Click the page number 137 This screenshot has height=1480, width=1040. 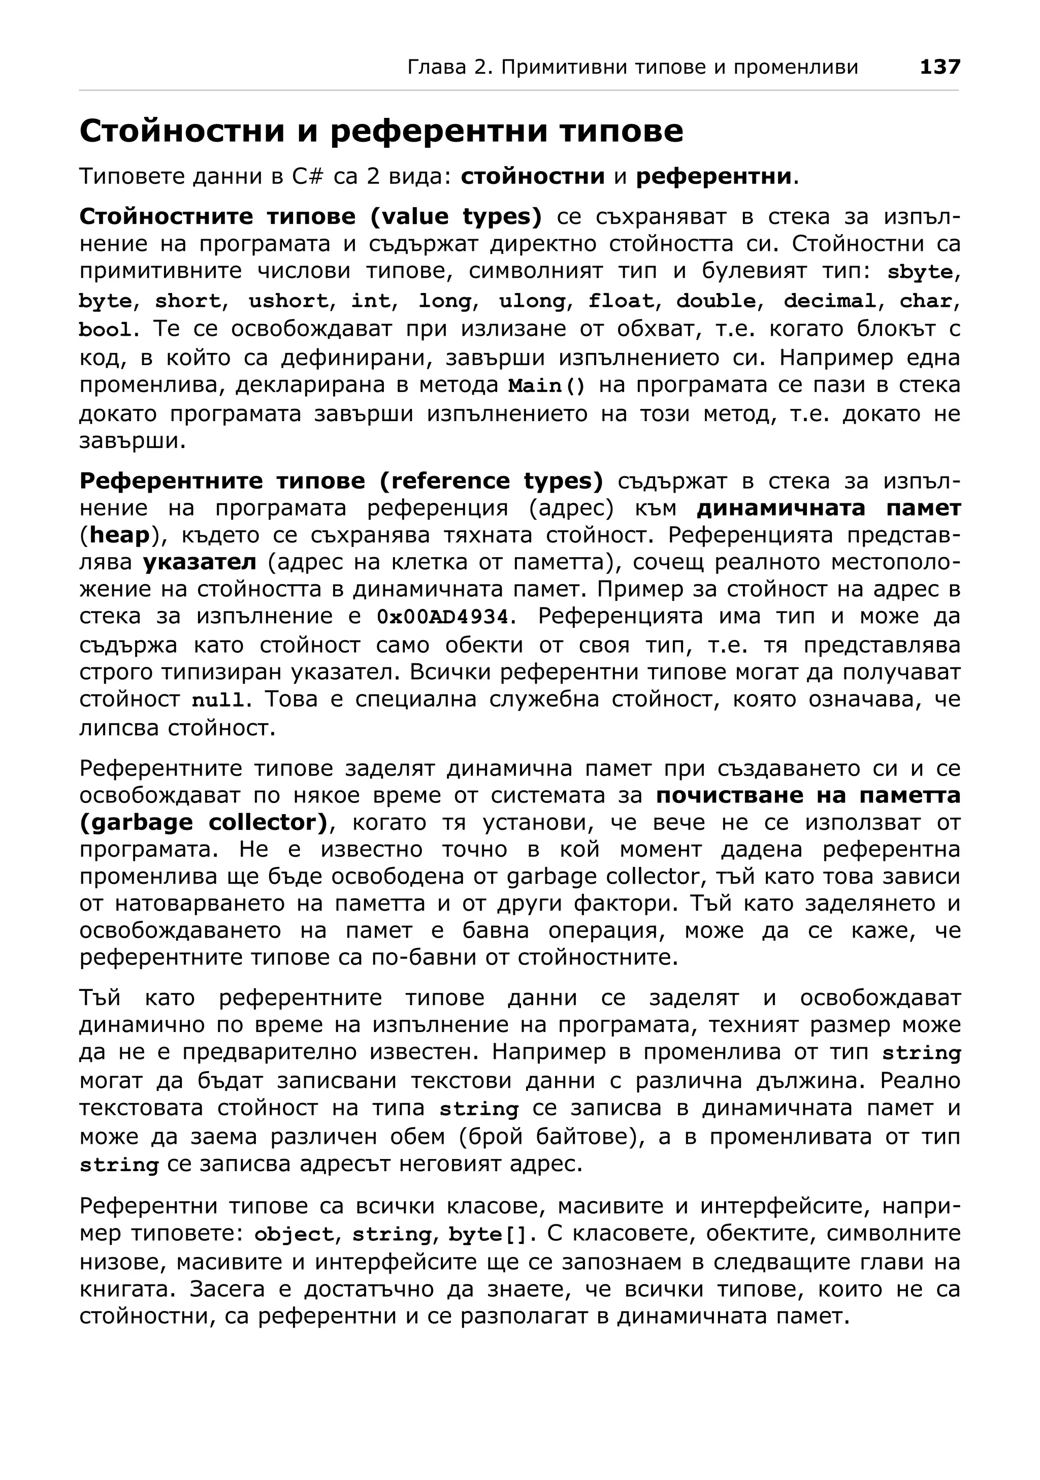(939, 67)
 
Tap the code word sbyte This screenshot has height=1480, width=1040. (920, 272)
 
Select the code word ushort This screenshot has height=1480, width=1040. (288, 301)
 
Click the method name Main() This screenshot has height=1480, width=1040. (546, 386)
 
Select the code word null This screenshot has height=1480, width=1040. (218, 700)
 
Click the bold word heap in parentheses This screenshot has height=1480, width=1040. (120, 535)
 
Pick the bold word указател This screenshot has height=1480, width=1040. (199, 562)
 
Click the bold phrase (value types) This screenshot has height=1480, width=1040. (456, 216)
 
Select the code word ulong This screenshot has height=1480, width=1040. (532, 301)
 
